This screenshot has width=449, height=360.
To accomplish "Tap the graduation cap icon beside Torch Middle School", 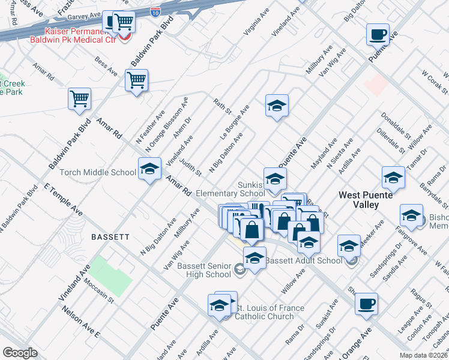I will pyautogui.click(x=149, y=169).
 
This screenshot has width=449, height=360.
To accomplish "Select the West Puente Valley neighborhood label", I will pyautogui.click(x=367, y=200).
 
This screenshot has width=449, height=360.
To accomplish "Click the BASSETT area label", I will pyautogui.click(x=110, y=237).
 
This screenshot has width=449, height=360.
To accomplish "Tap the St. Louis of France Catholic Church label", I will pyautogui.click(x=269, y=313).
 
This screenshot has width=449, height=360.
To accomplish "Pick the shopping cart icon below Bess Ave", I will pyautogui.click(x=137, y=80).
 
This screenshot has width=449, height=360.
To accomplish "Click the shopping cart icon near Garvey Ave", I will pyautogui.click(x=124, y=22).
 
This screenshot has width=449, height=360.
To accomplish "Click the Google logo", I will pyautogui.click(x=20, y=353).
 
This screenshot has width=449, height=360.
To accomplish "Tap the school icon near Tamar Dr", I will pyautogui.click(x=393, y=178).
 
